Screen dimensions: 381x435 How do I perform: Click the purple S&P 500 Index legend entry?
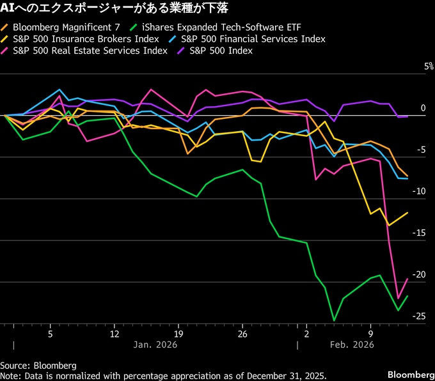click(x=217, y=50)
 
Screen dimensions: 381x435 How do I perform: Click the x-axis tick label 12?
click(x=115, y=333)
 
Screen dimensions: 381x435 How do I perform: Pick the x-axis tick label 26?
click(x=242, y=333)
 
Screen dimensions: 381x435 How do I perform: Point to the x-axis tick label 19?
click(x=178, y=333)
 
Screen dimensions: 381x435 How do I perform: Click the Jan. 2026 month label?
click(x=155, y=345)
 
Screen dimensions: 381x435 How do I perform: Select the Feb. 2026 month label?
click(x=351, y=345)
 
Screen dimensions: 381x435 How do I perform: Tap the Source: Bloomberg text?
click(x=38, y=365)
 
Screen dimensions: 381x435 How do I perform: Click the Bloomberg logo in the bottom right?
click(x=410, y=373)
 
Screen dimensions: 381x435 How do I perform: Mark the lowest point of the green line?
click(x=334, y=320)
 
